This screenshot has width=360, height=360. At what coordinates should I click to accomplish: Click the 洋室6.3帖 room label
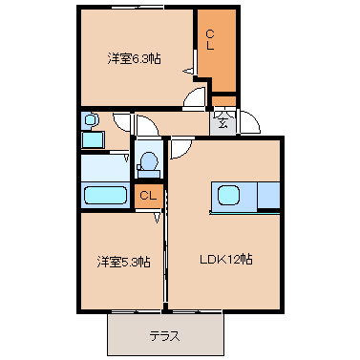134,59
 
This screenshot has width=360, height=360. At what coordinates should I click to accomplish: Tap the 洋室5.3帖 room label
123,262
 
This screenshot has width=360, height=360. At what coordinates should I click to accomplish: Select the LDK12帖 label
226,259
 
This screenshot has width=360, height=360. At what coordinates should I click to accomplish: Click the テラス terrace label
165,336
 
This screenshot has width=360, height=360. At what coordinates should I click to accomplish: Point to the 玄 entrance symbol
222,122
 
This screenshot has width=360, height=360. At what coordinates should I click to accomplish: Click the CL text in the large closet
210,40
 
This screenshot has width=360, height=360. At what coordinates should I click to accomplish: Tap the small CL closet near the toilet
148,196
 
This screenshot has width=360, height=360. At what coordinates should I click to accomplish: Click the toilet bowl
149,161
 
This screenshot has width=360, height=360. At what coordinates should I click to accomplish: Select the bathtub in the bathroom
105,195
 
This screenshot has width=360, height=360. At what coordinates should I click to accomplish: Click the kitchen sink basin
228,195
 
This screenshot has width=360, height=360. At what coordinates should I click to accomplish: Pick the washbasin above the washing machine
91,120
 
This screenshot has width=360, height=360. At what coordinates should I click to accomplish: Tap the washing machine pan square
93,139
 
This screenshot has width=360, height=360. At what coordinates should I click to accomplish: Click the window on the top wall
138,8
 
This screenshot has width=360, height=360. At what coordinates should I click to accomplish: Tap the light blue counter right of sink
268,195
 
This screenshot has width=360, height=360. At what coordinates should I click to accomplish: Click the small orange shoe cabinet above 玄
223,101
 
